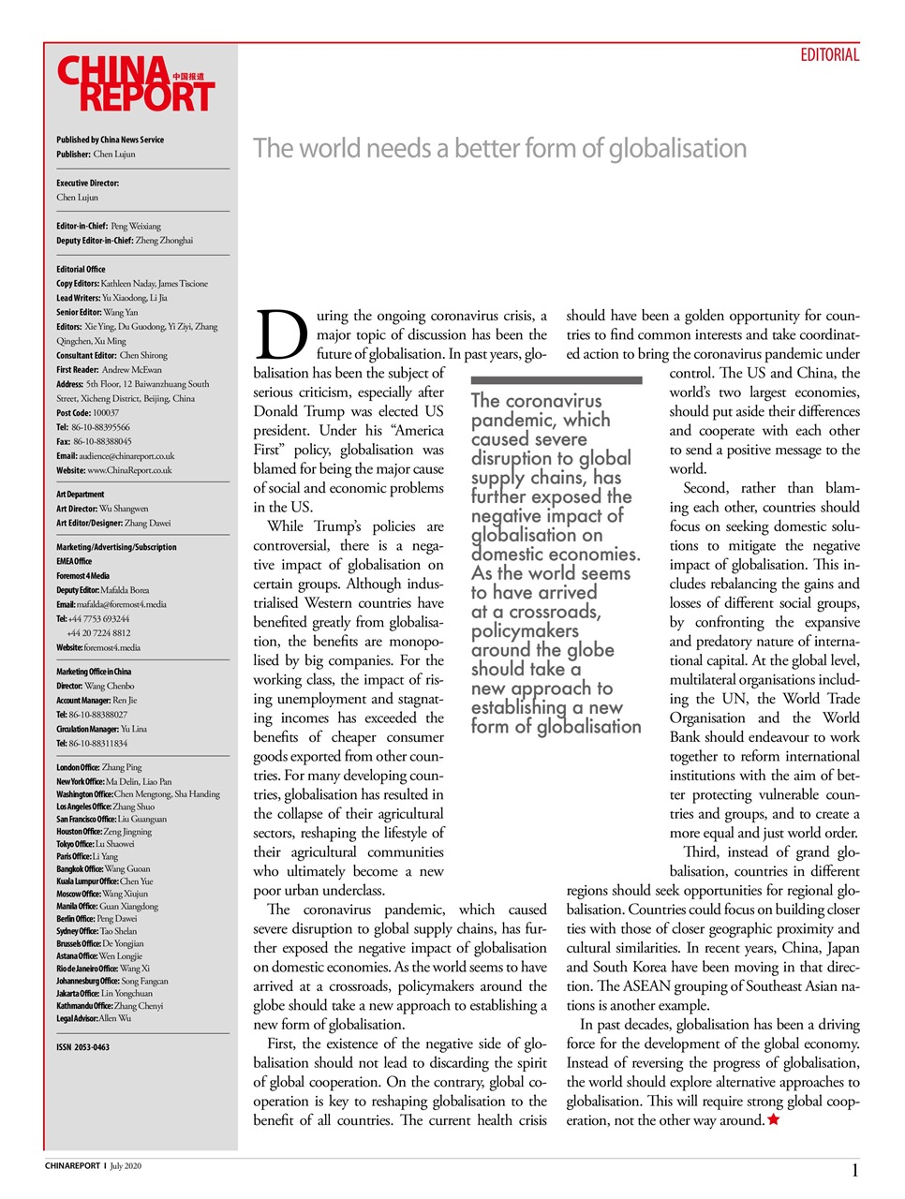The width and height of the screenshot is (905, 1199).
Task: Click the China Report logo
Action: (x=136, y=84)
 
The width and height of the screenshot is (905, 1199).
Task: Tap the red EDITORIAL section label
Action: (x=829, y=55)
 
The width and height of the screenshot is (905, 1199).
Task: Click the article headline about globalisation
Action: (x=499, y=149)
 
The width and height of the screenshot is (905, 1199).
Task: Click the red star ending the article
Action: (x=773, y=1119)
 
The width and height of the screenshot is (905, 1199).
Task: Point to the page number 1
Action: (x=854, y=1170)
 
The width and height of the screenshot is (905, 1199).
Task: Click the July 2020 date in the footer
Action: (x=126, y=1166)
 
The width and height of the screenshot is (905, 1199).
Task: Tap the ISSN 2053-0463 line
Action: (x=82, y=1047)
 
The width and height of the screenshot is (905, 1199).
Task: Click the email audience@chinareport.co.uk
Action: (x=126, y=456)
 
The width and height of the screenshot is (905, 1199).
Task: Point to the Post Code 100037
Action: (x=87, y=412)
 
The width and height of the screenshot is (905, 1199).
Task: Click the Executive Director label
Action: (x=87, y=184)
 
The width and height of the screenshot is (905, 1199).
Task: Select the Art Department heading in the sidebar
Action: (x=81, y=495)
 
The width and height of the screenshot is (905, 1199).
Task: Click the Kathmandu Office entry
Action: (x=110, y=1006)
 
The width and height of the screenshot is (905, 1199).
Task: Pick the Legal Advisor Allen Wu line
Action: (x=94, y=1018)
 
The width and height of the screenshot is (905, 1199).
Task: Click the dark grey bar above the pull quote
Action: (x=556, y=380)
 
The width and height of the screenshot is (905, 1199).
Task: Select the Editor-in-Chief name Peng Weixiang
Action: (x=135, y=226)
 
